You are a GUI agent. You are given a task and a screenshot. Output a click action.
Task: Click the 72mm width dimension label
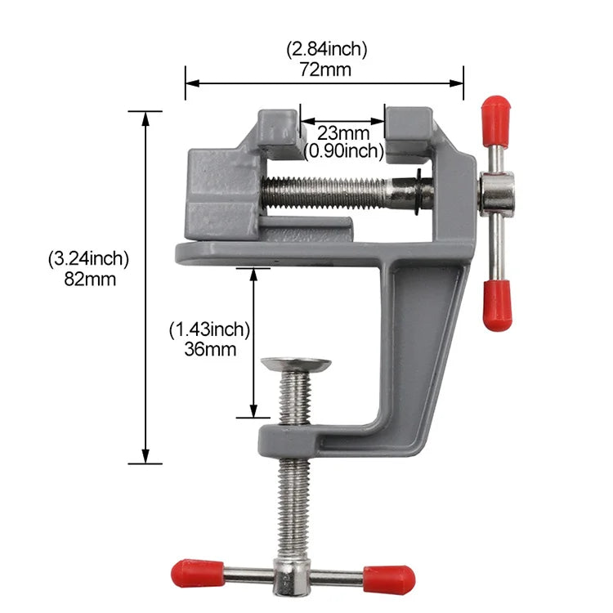pyautogui.click(x=325, y=69)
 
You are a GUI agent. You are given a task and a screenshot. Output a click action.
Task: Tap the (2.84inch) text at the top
pyautogui.click(x=326, y=49)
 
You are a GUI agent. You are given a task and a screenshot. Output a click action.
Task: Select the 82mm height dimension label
pyautogui.click(x=89, y=279)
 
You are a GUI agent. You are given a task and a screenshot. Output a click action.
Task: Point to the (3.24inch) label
pyautogui.click(x=89, y=259)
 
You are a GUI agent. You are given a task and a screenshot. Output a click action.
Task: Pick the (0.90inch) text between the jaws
pyautogui.click(x=343, y=150)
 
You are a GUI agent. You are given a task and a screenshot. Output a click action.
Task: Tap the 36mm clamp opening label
pyautogui.click(x=210, y=350)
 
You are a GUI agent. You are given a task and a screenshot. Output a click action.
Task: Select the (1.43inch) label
pyautogui.click(x=209, y=330)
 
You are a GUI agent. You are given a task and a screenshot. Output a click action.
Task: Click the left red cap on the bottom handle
pyautogui.click(x=197, y=573)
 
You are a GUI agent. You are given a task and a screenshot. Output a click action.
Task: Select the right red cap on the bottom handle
pyautogui.click(x=389, y=579)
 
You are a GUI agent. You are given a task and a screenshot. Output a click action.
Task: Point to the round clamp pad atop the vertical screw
pyautogui.click(x=296, y=364)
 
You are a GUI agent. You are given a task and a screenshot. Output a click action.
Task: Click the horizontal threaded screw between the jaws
pyautogui.click(x=335, y=194)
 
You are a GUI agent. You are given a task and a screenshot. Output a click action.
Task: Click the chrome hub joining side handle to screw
pyautogui.click(x=497, y=196)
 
